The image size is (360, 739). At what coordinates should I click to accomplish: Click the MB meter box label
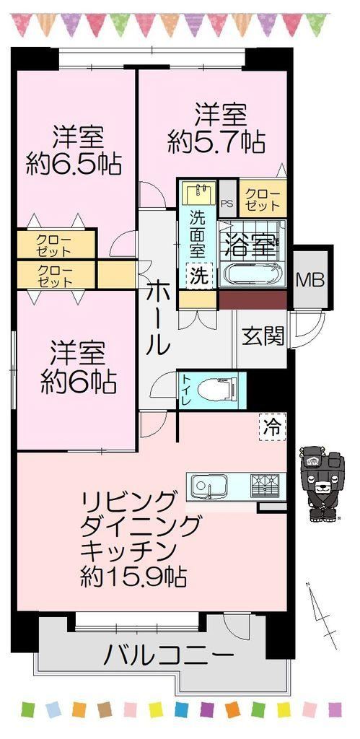309,280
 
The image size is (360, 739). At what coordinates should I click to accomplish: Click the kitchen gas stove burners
265,485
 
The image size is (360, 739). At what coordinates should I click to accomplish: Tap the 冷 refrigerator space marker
273,427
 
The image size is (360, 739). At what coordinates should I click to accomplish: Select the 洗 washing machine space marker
198,276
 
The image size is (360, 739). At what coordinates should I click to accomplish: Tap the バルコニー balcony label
169,655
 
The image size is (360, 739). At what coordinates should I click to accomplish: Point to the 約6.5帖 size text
74,164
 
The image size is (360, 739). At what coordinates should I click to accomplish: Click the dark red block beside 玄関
253,299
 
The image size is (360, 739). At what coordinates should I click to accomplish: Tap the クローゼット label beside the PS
262,201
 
